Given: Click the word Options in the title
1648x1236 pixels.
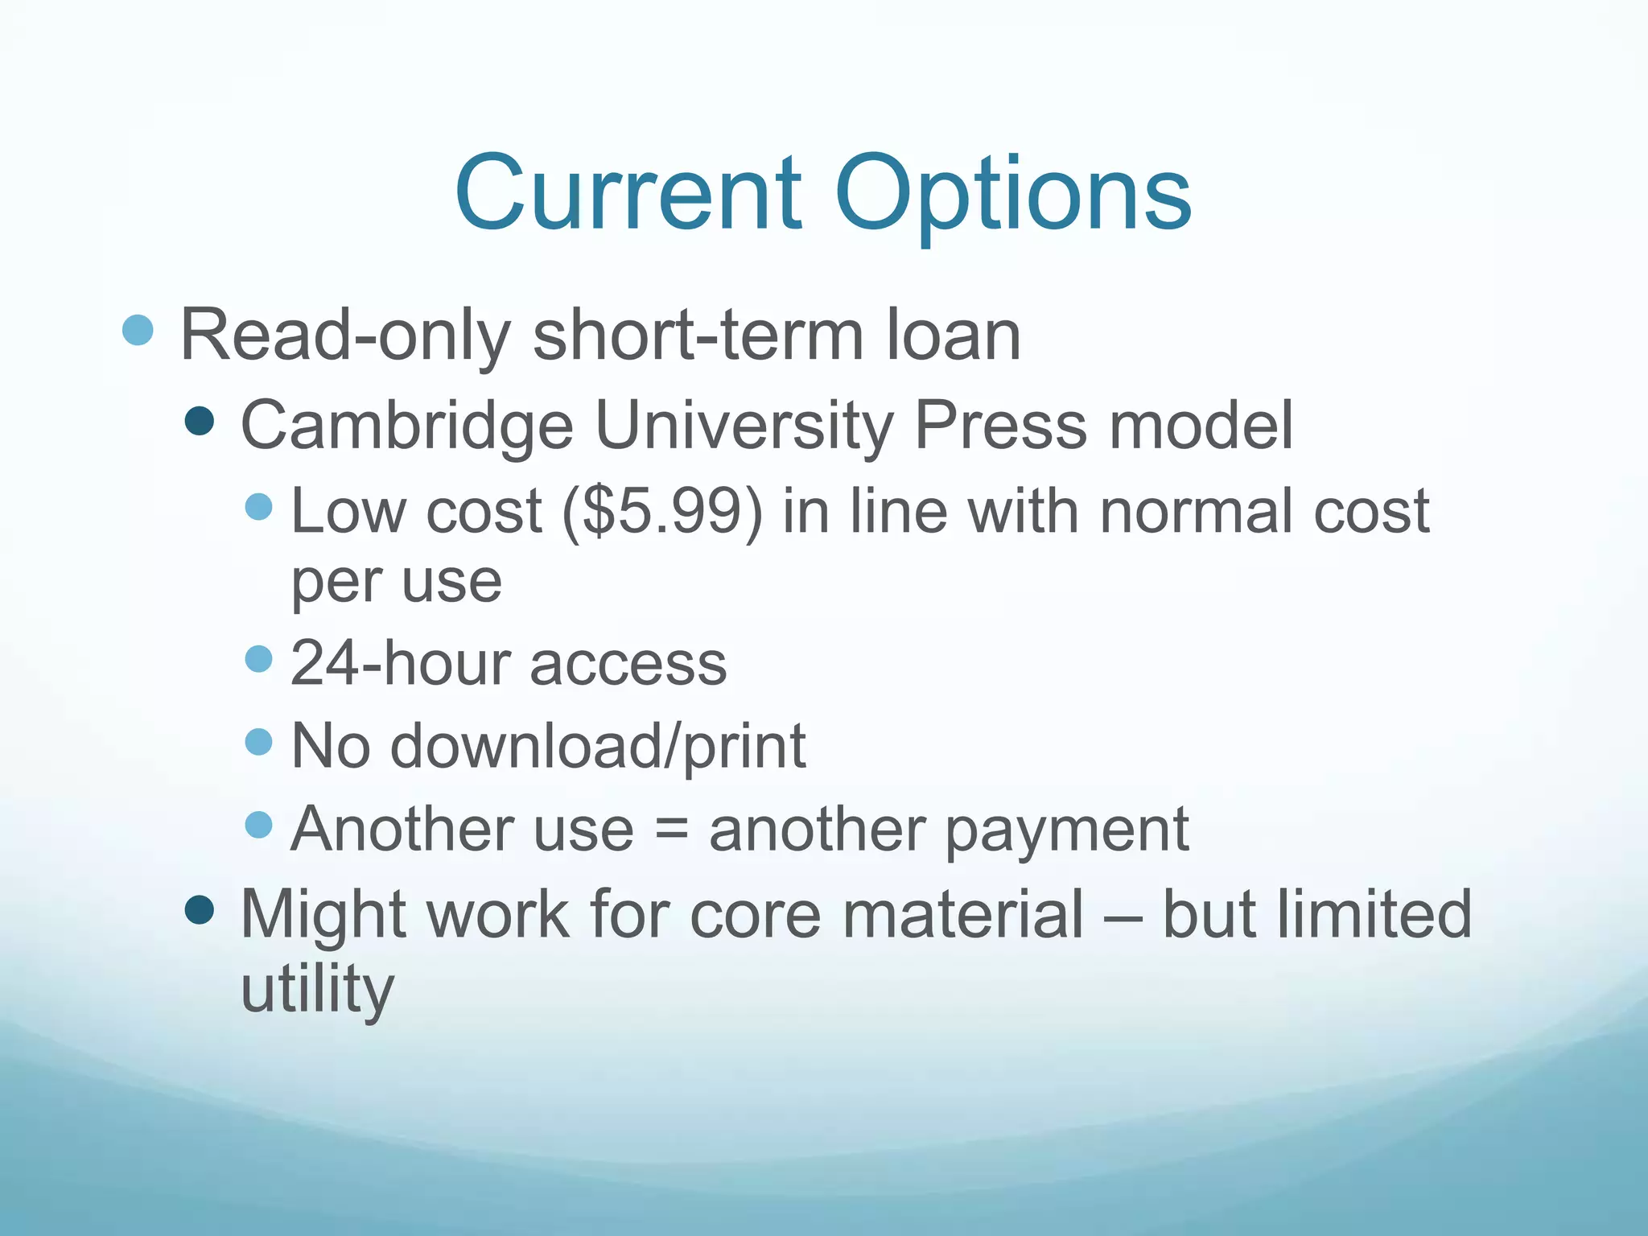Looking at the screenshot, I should (x=1013, y=197).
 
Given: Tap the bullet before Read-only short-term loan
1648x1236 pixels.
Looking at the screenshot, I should (x=138, y=330).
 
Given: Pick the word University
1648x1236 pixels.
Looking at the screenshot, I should (x=744, y=426).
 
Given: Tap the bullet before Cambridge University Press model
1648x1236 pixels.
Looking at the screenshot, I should (x=199, y=420).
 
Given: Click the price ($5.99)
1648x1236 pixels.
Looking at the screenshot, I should (x=661, y=511).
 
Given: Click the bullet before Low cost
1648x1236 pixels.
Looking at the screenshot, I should (x=258, y=507).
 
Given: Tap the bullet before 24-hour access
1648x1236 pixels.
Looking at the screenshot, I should (x=258, y=659).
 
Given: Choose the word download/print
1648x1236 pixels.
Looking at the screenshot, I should (x=598, y=746).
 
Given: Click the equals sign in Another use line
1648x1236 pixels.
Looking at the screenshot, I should (x=671, y=830).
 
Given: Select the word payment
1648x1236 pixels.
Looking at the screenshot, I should (x=1067, y=830).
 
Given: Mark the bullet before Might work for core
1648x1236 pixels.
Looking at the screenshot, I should (x=199, y=910).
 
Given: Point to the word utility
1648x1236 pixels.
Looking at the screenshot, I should (x=317, y=989).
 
